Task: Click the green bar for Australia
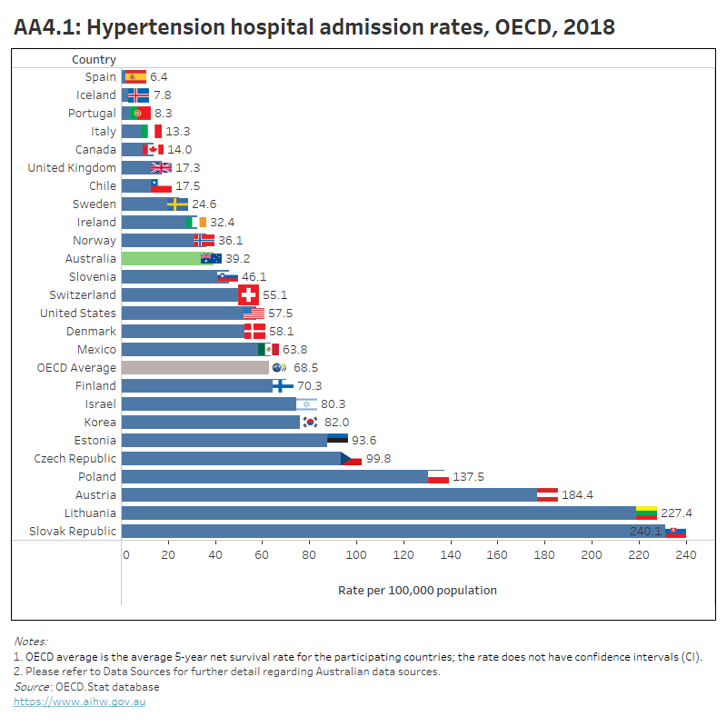[164, 258]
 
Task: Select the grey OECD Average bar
[194, 367]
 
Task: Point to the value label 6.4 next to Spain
[159, 76]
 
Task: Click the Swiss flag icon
[248, 294]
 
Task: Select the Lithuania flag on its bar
[646, 513]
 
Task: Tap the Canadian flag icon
[154, 149]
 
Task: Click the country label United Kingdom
[72, 167]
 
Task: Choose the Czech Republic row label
[75, 458]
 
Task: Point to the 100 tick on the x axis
[356, 553]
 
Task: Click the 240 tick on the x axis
[685, 553]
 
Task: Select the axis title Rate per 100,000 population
[417, 590]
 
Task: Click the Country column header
[94, 59]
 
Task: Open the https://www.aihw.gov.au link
[79, 702]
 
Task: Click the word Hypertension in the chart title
[153, 27]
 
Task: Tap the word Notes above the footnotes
[30, 641]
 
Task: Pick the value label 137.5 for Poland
[471, 476]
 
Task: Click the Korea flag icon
[310, 422]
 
